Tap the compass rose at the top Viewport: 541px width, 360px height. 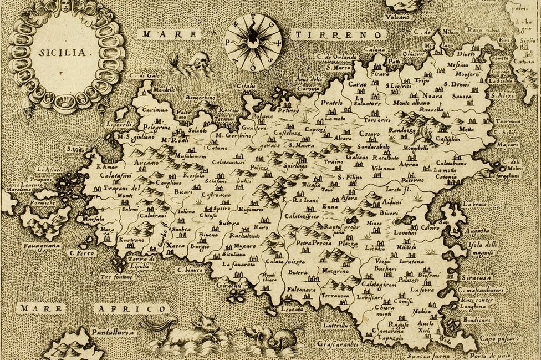pyautogui.click(x=253, y=42)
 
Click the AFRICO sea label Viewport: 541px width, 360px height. pyautogui.click(x=131, y=308)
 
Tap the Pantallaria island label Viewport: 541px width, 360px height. pyautogui.click(x=113, y=332)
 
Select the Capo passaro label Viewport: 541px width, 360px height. pyautogui.click(x=498, y=336)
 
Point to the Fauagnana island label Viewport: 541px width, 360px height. pyautogui.click(x=41, y=245)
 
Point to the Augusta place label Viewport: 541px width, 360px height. pyautogui.click(x=477, y=230)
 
